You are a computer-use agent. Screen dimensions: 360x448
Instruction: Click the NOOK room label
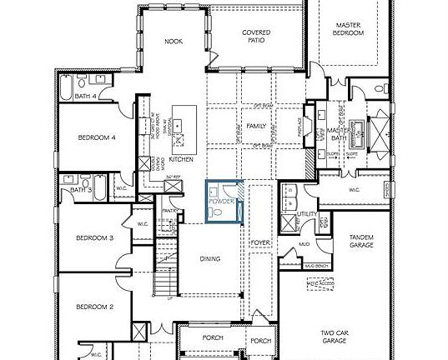(173, 41)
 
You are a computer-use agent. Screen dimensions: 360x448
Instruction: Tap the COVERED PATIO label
(256, 37)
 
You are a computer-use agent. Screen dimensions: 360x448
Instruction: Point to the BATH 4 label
(86, 97)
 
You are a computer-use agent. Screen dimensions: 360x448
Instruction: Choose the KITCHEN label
(181, 159)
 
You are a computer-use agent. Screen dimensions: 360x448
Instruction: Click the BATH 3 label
(80, 190)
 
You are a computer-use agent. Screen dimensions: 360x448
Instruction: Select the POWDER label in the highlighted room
(221, 202)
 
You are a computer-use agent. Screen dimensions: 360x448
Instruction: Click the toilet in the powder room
(218, 213)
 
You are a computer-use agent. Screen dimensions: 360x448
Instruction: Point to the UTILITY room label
(307, 215)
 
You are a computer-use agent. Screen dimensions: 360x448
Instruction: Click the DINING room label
(210, 258)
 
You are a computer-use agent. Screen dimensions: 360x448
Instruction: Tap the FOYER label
(259, 242)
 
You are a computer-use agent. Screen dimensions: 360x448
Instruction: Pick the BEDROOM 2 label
(93, 307)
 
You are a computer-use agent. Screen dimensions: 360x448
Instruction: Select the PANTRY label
(169, 212)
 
